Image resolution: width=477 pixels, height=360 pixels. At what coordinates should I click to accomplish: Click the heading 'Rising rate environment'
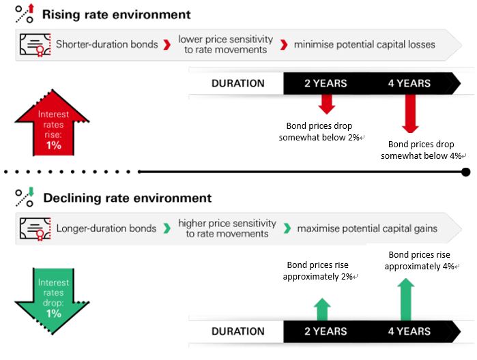(x=116, y=14)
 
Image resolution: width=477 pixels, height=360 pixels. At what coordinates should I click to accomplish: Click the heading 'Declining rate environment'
(x=127, y=198)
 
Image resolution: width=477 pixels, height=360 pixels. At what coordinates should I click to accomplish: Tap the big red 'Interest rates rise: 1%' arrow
(x=53, y=123)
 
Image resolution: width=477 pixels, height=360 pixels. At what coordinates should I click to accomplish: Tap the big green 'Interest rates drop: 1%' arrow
(x=53, y=301)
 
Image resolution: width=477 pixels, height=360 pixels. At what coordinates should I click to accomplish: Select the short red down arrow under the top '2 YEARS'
(x=327, y=104)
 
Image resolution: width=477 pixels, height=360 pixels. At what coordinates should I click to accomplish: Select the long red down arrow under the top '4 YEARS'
(x=410, y=114)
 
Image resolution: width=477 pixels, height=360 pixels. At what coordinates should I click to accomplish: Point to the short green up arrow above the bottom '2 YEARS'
(x=322, y=310)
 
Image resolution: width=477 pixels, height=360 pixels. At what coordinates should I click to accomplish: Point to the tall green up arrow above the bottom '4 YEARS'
(x=406, y=299)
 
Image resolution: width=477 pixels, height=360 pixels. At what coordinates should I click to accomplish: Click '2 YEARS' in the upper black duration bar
(x=326, y=83)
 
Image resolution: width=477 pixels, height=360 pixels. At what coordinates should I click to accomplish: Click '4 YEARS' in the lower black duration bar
(x=409, y=331)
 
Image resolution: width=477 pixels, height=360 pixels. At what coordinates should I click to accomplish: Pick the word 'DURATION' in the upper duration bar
(x=238, y=83)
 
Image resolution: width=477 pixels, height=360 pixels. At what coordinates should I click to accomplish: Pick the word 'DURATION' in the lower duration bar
(x=238, y=331)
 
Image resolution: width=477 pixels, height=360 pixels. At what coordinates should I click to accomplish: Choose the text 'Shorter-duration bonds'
(x=106, y=44)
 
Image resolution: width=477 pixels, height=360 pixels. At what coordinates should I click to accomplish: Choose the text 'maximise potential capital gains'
(x=367, y=228)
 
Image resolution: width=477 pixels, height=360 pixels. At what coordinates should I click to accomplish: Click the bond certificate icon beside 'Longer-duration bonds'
(x=35, y=229)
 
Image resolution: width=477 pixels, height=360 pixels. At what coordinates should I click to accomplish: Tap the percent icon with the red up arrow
(x=25, y=14)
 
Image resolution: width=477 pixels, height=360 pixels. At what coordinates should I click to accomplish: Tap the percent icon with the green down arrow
(x=25, y=197)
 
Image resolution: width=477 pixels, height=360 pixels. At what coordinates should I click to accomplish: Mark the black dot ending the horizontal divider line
(x=466, y=172)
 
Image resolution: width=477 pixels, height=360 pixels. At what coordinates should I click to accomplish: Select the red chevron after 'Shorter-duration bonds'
(x=167, y=45)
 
